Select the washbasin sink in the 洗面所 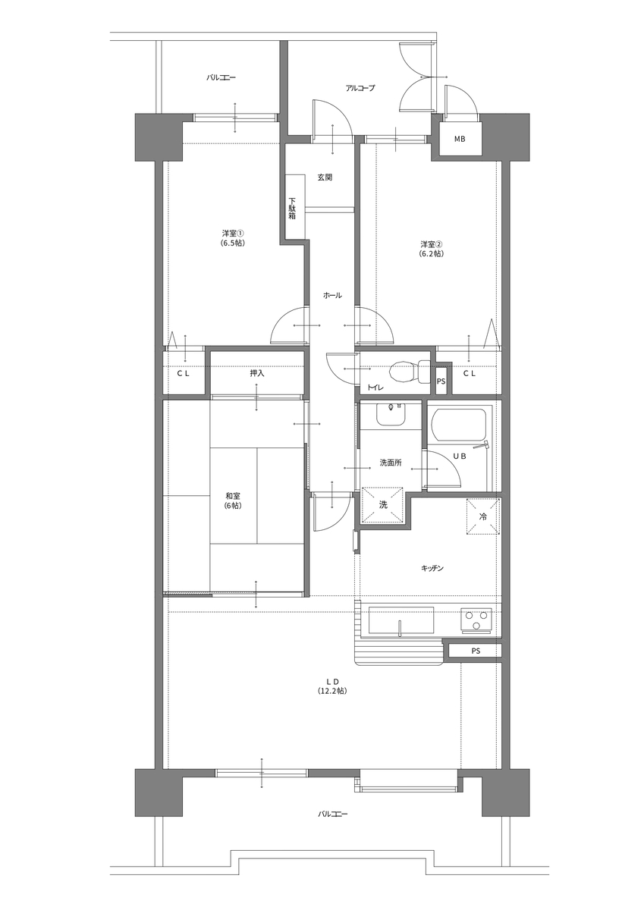click(x=391, y=414)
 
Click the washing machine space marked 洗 click(x=383, y=504)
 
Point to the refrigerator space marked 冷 click(x=482, y=516)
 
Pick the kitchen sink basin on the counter click(x=401, y=620)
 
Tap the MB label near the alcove click(x=460, y=139)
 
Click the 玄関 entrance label click(x=325, y=177)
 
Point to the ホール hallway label click(x=332, y=295)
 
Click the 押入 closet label click(x=257, y=373)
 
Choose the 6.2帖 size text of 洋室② click(x=432, y=253)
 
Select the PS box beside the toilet click(x=441, y=381)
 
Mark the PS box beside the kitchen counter click(x=475, y=651)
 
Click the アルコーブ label click(x=360, y=88)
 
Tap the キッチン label click(x=432, y=568)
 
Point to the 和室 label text click(x=233, y=496)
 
